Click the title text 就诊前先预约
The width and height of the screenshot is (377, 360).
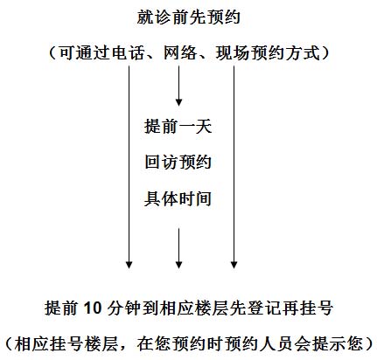pyautogui.click(x=188, y=17)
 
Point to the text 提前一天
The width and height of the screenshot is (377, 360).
pyautogui.click(x=178, y=126)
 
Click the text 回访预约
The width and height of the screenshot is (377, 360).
pyautogui.click(x=178, y=162)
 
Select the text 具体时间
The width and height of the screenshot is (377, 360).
pyautogui.click(x=178, y=198)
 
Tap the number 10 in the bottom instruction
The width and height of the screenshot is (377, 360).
pyautogui.click(x=92, y=308)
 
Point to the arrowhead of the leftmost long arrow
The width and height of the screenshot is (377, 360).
pyautogui.click(x=129, y=264)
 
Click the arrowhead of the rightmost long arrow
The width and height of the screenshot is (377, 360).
pyautogui.click(x=234, y=264)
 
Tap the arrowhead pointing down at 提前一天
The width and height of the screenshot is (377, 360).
pyautogui.click(x=178, y=102)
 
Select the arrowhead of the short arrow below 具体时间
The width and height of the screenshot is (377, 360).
pyautogui.click(x=178, y=264)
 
